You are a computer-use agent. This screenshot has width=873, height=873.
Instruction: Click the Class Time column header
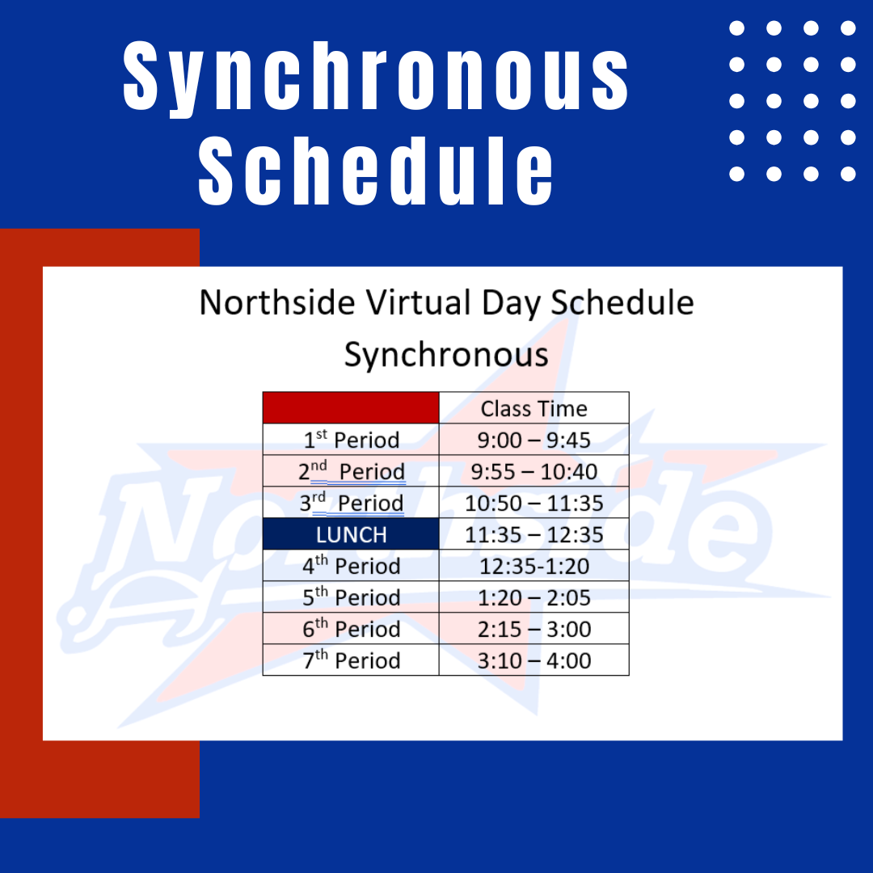533,409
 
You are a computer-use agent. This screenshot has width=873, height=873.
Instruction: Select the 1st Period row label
352,439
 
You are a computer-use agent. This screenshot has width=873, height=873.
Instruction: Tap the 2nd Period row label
352,471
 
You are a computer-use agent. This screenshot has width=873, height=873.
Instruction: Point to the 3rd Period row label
352,503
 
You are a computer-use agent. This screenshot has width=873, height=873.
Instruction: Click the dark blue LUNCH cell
351,534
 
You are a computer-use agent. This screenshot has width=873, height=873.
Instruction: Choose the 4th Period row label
352,566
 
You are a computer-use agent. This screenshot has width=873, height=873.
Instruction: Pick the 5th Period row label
352,597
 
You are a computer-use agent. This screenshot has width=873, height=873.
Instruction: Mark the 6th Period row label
352,629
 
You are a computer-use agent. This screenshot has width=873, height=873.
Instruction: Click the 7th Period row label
352,660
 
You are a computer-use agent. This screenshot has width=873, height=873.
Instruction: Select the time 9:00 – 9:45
533,440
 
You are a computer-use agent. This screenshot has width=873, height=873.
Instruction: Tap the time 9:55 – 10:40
533,471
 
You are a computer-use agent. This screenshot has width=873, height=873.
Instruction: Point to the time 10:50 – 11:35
533,504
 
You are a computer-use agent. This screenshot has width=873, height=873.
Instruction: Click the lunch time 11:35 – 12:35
533,534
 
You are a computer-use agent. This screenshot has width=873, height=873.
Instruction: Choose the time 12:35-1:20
533,566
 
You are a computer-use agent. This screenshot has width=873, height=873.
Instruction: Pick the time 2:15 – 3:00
533,629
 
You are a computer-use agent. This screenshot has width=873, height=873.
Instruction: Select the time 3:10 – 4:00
533,661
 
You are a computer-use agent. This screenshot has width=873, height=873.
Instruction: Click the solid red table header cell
351,407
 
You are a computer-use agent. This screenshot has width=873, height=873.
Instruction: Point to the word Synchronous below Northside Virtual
446,355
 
